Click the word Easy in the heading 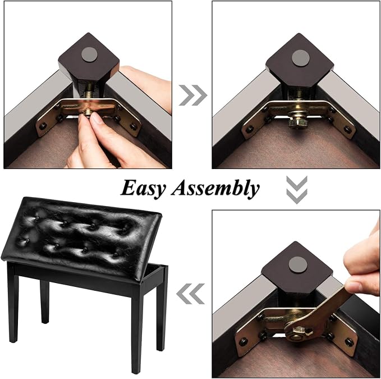[143, 189]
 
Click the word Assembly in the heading [215, 188]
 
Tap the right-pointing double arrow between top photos [193, 95]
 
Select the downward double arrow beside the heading [297, 190]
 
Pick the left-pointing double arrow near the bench [191, 294]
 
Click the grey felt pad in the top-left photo [89, 54]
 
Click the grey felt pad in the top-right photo [301, 58]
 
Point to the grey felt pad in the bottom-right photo [298, 266]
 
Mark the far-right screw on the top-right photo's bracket [348, 130]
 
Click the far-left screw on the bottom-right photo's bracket [243, 343]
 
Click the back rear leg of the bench [44, 302]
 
